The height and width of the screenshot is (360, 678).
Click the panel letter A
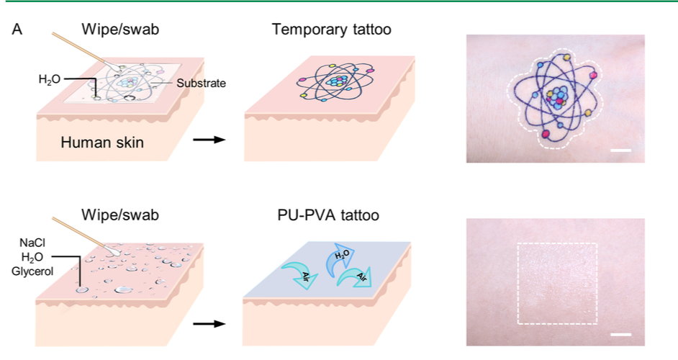[x=17, y=32]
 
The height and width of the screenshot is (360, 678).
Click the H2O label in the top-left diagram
[x=50, y=78]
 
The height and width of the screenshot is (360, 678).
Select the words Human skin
[x=101, y=143]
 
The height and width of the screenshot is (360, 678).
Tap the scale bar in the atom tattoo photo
[x=624, y=151]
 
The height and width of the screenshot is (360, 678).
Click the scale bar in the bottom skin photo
[x=624, y=335]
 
